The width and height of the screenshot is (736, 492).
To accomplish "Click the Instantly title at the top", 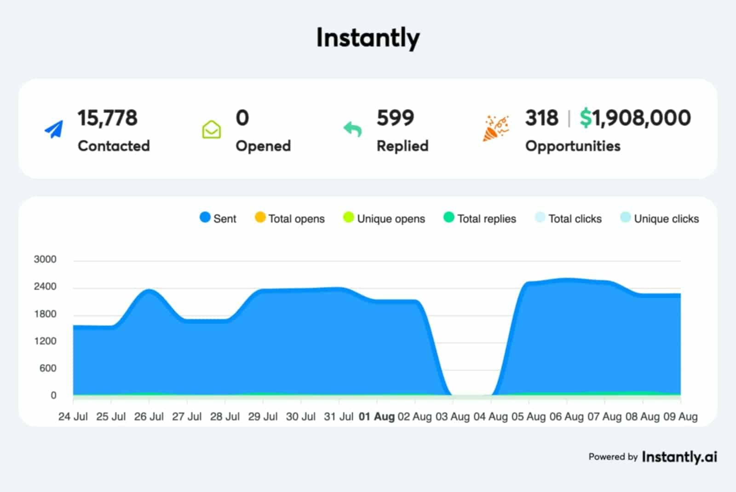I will (368, 38).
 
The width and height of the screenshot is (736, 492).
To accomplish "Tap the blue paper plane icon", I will (54, 129).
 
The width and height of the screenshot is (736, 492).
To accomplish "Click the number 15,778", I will (107, 118).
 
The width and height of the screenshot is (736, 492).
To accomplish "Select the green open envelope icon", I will (211, 130).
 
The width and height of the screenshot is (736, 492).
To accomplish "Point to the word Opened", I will (263, 146).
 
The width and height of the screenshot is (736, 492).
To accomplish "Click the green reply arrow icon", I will (352, 129).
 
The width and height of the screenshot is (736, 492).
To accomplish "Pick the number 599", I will (395, 118).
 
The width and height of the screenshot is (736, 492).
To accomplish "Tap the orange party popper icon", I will (495, 129).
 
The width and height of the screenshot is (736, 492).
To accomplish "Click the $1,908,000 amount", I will (635, 118).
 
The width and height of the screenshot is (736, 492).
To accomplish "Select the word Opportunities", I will (573, 146).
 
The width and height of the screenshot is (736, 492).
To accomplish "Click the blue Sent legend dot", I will (205, 217).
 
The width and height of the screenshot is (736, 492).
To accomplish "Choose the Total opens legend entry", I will (290, 218).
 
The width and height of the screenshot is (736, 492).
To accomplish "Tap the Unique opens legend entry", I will (384, 218).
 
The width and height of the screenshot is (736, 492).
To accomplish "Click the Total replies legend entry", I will (480, 218).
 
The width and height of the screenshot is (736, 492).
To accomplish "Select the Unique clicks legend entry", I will (660, 218).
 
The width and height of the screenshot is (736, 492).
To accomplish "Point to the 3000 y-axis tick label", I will (45, 259).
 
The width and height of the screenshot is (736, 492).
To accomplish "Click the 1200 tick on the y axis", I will (45, 341).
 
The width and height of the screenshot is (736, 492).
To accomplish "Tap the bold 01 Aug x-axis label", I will (377, 417).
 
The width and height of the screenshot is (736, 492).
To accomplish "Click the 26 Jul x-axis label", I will (149, 417).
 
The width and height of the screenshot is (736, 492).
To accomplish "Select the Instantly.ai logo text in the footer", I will (679, 457).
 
